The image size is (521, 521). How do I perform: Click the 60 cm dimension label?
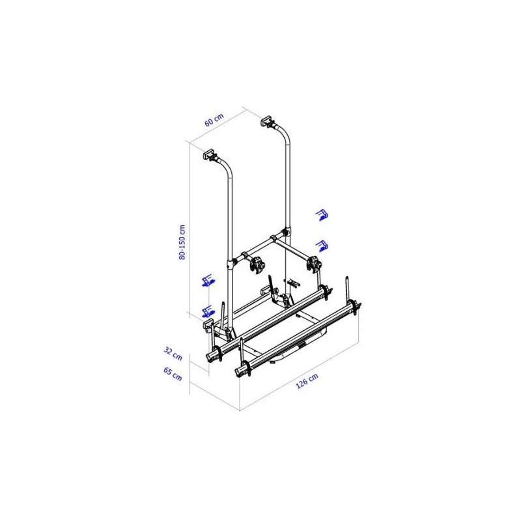214,120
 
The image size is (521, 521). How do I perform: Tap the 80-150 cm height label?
182,242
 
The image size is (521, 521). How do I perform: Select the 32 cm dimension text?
173,354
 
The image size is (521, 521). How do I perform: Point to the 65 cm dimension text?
173,374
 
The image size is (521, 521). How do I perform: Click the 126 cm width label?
307,380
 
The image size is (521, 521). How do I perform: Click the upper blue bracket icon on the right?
322,215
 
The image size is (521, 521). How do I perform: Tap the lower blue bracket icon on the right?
322,246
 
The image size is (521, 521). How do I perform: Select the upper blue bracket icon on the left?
208,281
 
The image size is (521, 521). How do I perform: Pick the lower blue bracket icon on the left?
208,312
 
